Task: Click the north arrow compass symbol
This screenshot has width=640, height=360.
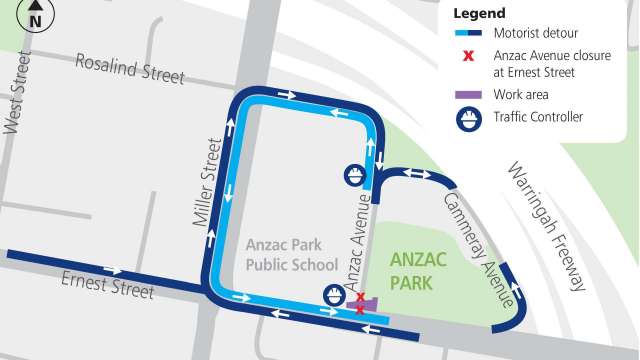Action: (36, 17)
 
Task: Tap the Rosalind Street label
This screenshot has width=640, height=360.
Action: (130, 69)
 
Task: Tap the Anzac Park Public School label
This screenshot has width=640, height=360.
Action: (292, 254)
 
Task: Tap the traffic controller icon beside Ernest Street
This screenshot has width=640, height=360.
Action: (333, 295)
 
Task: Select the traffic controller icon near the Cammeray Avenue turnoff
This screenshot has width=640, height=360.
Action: (353, 175)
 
